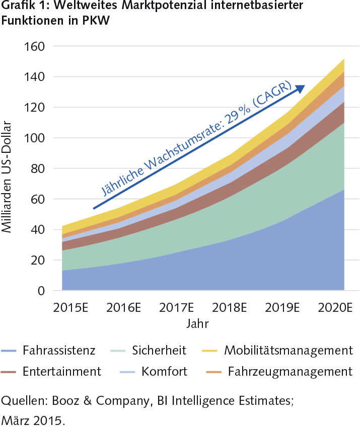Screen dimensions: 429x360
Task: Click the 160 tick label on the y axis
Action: tap(35, 46)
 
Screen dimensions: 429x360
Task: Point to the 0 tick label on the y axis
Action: tap(41, 291)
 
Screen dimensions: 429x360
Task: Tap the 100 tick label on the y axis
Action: tap(35, 138)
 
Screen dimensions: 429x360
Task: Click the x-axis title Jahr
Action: tap(197, 323)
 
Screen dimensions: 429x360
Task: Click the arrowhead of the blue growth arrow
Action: tap(301, 89)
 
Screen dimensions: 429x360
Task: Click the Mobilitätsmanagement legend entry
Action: tap(289, 350)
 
